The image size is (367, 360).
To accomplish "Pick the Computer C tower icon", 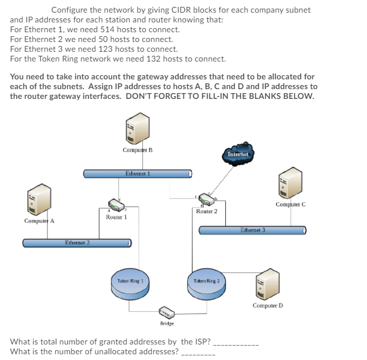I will tap(291, 182).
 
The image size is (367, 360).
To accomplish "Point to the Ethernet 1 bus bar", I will tap(138, 173).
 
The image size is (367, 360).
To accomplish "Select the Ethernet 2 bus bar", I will tap(78, 243).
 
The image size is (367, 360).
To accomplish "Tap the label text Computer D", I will tap(268, 305).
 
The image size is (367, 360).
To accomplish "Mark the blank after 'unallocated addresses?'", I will tap(198, 351).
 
